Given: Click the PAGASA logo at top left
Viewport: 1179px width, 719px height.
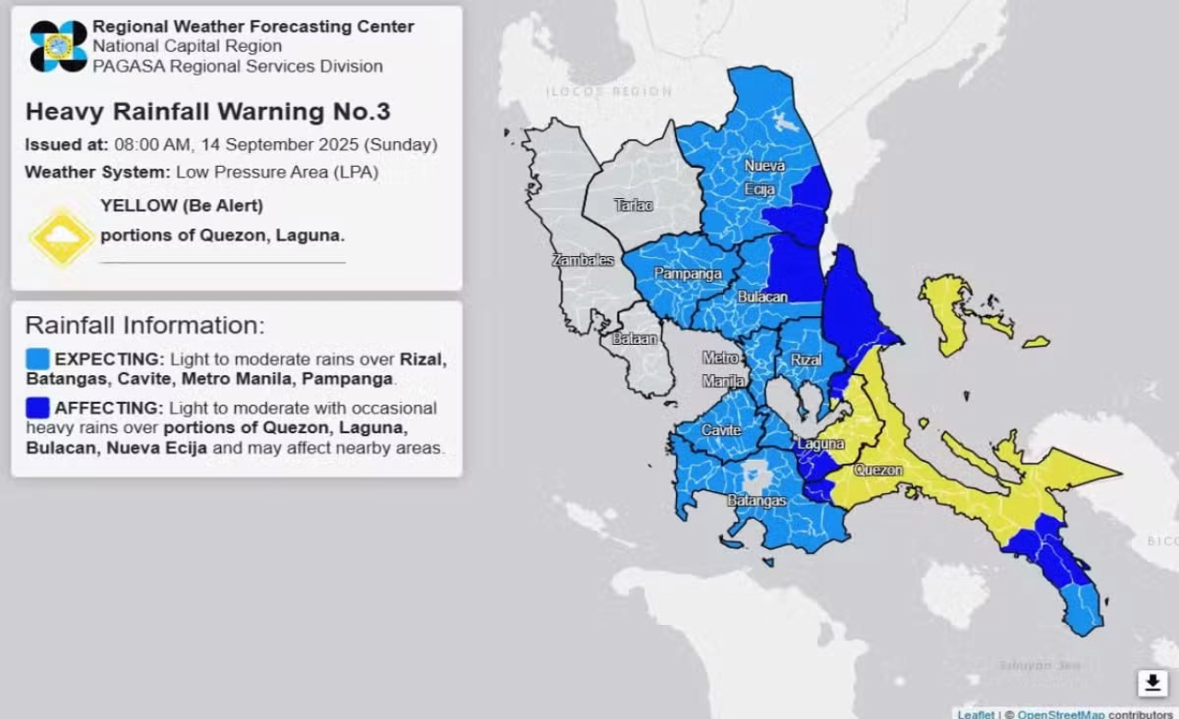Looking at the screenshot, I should tap(58, 46).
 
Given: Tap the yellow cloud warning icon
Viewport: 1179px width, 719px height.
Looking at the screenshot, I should tap(62, 237).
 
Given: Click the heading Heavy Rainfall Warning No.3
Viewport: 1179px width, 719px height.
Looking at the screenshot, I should tap(208, 112).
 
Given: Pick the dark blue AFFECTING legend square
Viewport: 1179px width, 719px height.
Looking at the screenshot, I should tap(38, 407).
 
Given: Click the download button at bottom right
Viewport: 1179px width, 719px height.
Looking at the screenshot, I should tap(1152, 683).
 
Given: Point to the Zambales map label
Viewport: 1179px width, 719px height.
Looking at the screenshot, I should tap(582, 261).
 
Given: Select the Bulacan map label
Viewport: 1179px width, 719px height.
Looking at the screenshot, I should tap(762, 298).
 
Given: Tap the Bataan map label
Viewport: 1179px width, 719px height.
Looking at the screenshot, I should tap(636, 338).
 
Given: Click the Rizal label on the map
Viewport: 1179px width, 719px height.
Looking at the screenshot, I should tap(805, 359).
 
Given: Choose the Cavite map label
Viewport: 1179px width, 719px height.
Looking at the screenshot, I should tap(721, 430).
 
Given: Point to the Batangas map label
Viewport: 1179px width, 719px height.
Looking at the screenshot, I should tap(756, 501).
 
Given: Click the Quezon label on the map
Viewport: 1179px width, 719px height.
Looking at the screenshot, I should tap(878, 470).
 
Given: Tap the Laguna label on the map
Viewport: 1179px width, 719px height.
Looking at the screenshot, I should tap(821, 444).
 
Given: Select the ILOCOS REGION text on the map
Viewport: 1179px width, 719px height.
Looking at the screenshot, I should tap(609, 91).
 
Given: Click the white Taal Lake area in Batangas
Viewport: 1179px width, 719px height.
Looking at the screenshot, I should tap(756, 476).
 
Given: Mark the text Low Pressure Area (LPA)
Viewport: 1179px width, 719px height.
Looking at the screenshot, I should tap(277, 172).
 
